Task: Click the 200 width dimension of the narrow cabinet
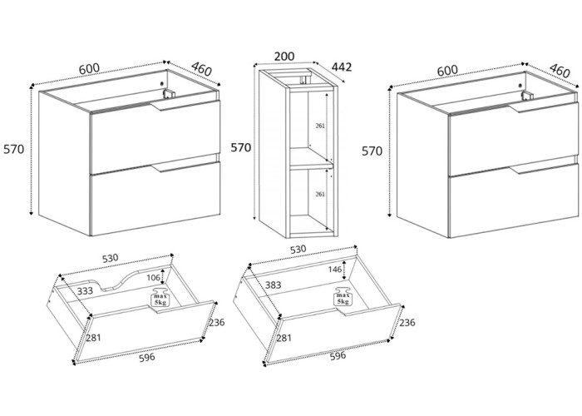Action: (x=284, y=57)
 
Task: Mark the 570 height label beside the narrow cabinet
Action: (x=241, y=147)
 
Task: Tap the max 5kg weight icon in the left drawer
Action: (x=159, y=299)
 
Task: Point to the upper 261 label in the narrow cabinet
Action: (x=320, y=126)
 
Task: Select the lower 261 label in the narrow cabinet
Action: (x=320, y=194)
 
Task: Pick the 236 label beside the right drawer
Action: (x=407, y=323)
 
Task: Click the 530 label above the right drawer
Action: (x=298, y=249)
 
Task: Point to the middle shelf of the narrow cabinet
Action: (x=309, y=159)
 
